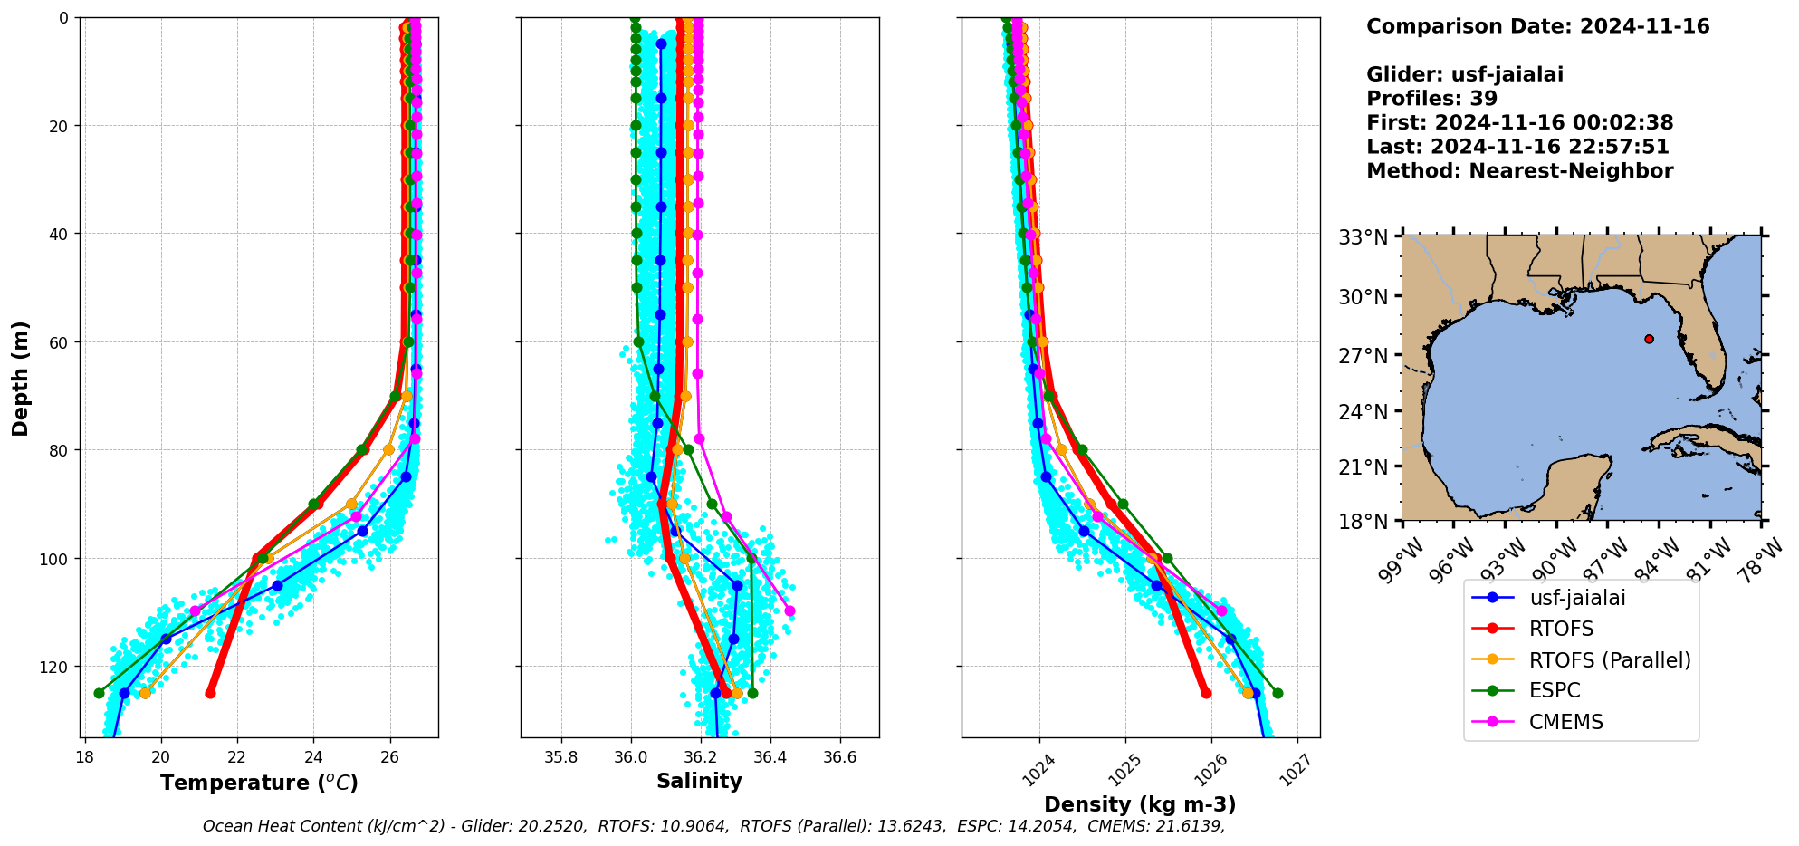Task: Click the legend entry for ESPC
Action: coord(1554,691)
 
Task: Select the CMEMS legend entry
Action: coord(1565,723)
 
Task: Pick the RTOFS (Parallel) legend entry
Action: coord(1609,660)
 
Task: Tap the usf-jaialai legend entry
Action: coord(1577,598)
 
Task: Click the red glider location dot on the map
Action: coord(1649,339)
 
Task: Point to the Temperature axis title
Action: coord(259,783)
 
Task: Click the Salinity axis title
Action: coord(699,781)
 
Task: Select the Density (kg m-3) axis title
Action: coord(1140,804)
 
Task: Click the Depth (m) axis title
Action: coord(21,378)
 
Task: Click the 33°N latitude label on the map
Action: coord(1363,237)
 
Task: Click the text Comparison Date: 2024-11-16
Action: coord(1537,26)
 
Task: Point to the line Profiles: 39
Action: coord(1431,99)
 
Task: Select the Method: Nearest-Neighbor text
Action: coord(1519,171)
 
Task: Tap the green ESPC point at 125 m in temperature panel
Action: coord(99,693)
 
